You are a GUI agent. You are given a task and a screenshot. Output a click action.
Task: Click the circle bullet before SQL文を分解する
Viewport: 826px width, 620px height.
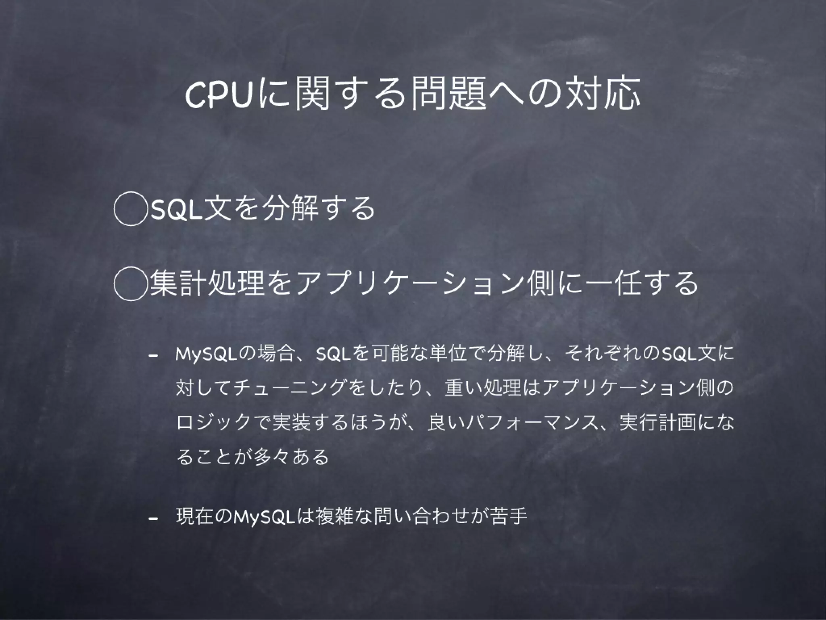pos(129,209)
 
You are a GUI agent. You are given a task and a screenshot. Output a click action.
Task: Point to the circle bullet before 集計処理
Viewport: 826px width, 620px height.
pos(129,284)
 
